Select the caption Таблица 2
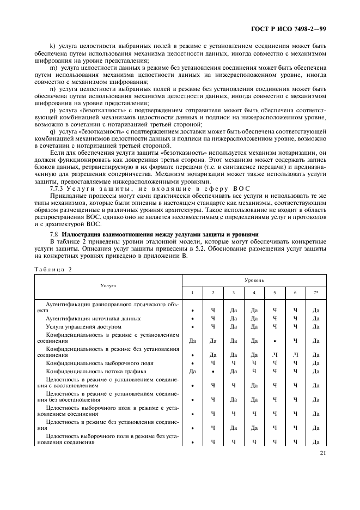point(53,269)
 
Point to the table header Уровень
point(254,280)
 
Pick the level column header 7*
point(316,293)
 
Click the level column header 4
point(254,293)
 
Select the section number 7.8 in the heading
point(54,234)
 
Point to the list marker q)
point(52,131)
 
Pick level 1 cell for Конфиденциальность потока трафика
point(192,371)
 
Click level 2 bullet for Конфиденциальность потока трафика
point(212,371)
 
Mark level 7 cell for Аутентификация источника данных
point(316,318)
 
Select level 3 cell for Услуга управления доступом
point(233,326)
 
